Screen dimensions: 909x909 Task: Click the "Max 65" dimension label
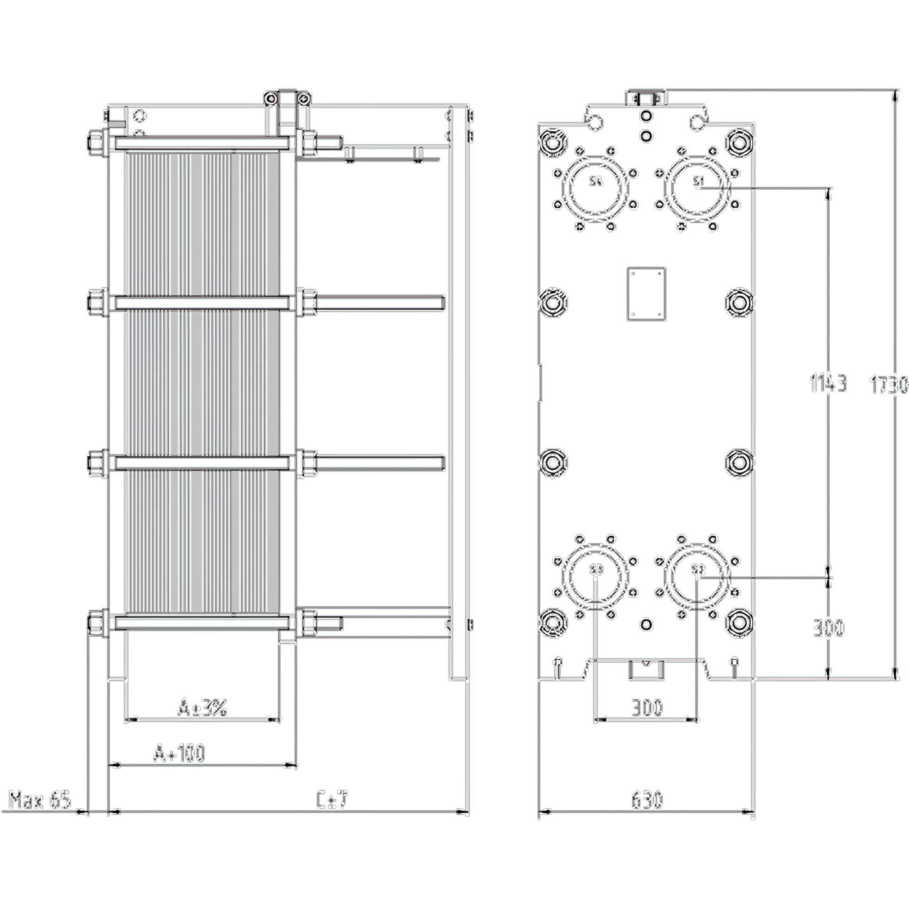39,800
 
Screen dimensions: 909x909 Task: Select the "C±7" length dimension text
332,800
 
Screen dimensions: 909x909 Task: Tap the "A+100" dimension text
179,753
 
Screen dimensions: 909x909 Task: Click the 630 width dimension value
647,800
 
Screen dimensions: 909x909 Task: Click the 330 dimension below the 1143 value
829,627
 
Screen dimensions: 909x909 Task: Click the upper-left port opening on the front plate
596,188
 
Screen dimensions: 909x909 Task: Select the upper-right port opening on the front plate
699,188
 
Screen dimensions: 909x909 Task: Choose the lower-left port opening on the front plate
596,577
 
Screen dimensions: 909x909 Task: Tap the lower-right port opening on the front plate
699,577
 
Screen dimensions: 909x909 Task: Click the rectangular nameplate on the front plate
647,294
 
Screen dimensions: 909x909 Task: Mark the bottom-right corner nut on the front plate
740,623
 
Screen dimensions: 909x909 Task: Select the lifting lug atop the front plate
647,98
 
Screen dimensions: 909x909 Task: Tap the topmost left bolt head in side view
97,141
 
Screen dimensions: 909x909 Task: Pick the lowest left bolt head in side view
97,624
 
